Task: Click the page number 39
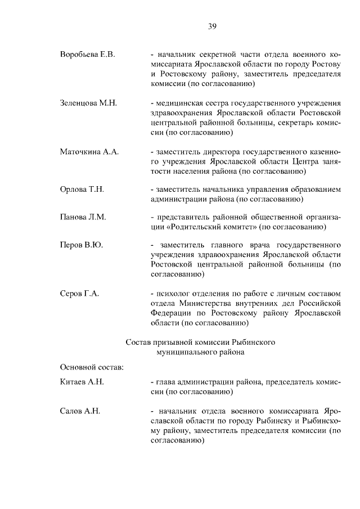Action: (x=212, y=26)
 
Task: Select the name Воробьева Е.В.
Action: (x=87, y=54)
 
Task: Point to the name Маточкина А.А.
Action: (x=89, y=152)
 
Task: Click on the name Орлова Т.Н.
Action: (x=82, y=190)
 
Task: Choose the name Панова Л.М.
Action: (x=83, y=217)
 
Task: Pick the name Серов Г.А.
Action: (x=80, y=294)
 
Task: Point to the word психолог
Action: (x=172, y=294)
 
